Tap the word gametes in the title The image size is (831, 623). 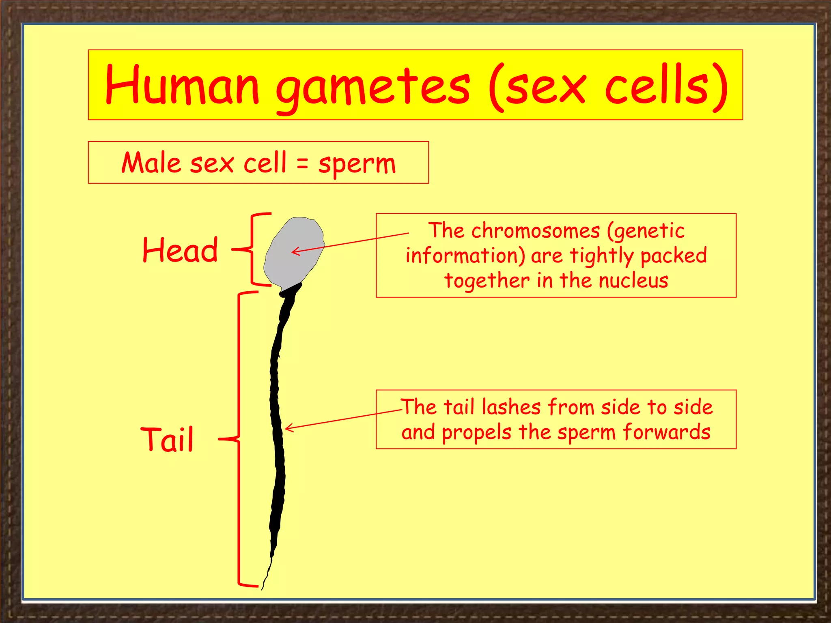click(372, 87)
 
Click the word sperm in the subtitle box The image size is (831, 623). click(357, 164)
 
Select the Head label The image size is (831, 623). click(180, 250)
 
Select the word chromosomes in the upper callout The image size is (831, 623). click(535, 231)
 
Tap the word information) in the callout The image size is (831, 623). click(465, 256)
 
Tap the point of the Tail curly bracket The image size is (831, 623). click(220, 438)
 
